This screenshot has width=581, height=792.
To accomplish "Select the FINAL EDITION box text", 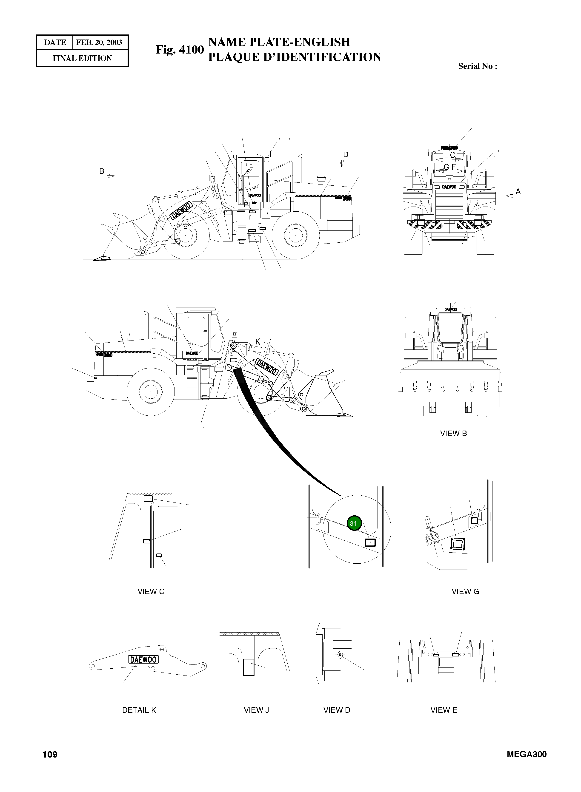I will [82, 58].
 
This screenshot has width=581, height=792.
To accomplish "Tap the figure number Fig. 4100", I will [180, 50].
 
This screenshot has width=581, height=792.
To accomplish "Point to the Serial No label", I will [477, 66].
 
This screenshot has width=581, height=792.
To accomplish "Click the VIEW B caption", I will [453, 434].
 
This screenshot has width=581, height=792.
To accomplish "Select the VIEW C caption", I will [151, 592].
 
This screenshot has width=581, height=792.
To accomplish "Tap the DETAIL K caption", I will [139, 710].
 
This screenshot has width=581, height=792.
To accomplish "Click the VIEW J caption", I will [256, 710].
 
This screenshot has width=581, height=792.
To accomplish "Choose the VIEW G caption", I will [465, 592].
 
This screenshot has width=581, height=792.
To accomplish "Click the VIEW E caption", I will [444, 710].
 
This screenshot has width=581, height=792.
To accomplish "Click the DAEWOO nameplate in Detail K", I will [143, 659].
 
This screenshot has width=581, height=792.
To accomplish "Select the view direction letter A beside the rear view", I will [518, 192].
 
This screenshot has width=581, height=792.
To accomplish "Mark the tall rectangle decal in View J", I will [248, 667].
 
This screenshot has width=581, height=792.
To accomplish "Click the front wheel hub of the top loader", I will [185, 235].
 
